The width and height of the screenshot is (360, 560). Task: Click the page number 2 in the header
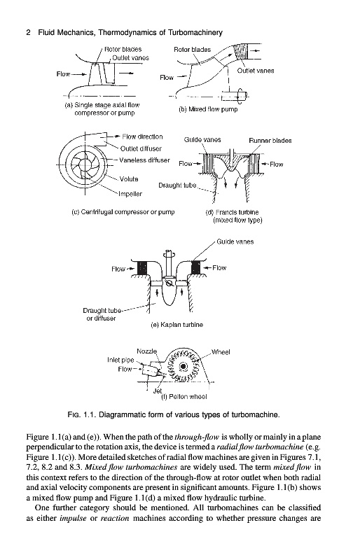coord(28,33)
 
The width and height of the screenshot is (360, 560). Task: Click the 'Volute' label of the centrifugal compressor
coord(129,179)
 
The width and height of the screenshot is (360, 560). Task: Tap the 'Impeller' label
coord(130,194)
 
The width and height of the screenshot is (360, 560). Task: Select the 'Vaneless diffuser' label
coord(144,160)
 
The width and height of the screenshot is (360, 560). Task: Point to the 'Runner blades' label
coord(270,141)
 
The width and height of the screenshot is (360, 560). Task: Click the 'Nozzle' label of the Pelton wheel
coord(146,351)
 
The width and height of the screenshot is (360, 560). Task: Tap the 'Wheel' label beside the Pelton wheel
coord(221,352)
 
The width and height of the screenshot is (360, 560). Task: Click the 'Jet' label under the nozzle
coord(158,391)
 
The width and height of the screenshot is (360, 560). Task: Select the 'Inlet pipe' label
coord(120,360)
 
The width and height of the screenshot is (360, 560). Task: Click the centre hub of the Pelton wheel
coord(184,366)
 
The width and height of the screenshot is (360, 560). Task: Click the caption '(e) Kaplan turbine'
coord(177,325)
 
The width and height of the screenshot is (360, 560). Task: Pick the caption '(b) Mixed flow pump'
coord(208,109)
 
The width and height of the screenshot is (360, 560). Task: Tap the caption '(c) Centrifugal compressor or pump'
coord(123,212)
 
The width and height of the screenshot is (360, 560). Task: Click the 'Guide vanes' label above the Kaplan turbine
coord(235,241)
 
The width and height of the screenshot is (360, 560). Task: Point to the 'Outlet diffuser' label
coord(141,148)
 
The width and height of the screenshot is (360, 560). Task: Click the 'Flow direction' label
coord(142,136)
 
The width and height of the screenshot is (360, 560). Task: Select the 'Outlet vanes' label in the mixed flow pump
coord(255,71)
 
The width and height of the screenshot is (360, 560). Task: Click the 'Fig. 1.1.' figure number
coord(82,415)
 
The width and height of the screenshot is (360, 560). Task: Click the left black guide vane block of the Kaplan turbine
coord(142,267)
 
